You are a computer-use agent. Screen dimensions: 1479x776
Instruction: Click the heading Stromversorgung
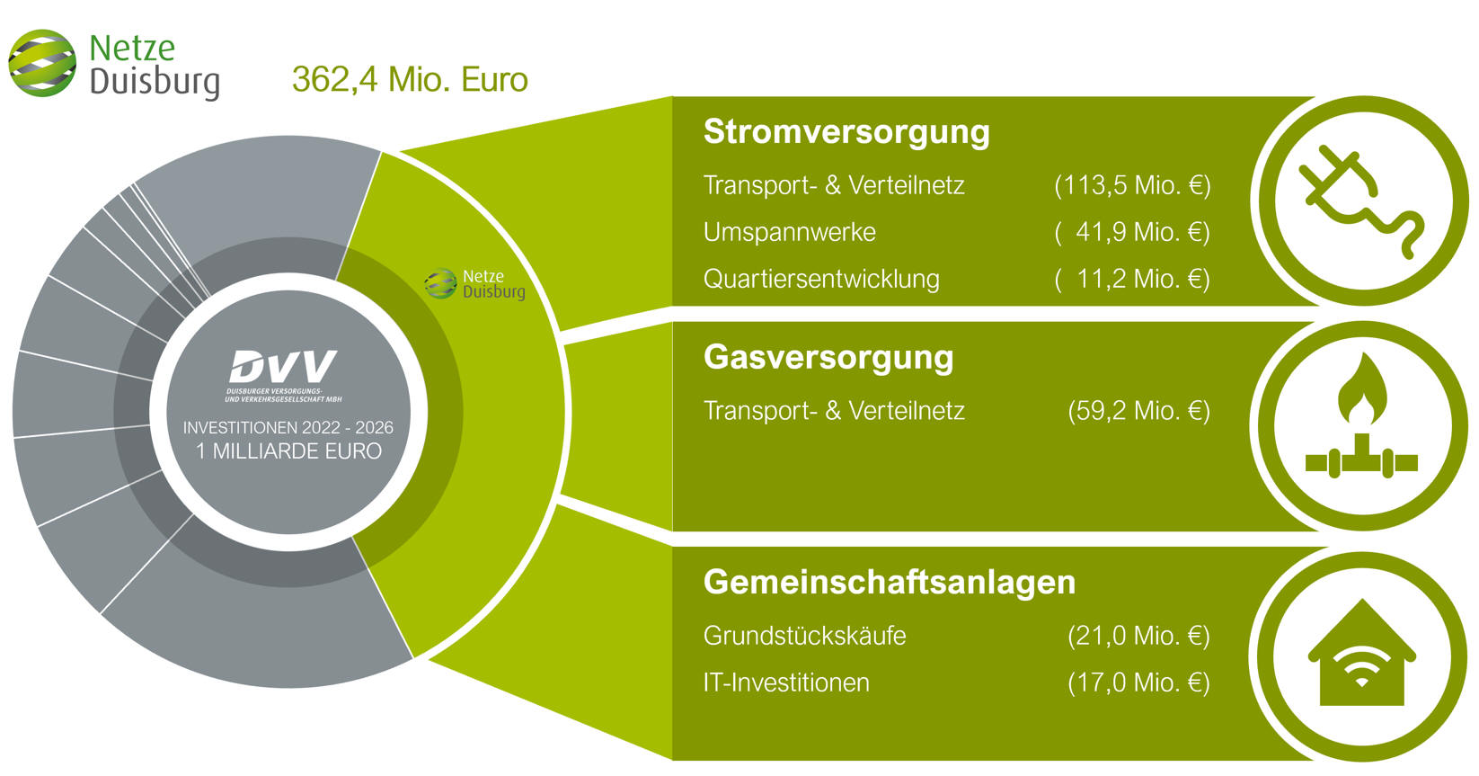pyautogui.click(x=846, y=131)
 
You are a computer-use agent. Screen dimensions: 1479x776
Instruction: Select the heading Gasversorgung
pyautogui.click(x=828, y=358)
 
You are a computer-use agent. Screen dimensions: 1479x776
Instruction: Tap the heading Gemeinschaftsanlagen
pyautogui.click(x=890, y=583)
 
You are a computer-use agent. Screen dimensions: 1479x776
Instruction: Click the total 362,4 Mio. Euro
pyautogui.click(x=410, y=80)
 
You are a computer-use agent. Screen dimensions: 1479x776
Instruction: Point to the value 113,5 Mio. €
pyautogui.click(x=1132, y=185)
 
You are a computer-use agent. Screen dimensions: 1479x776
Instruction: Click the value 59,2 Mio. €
pyautogui.click(x=1139, y=410)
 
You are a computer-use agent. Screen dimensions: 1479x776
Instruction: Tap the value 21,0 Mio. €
pyautogui.click(x=1139, y=636)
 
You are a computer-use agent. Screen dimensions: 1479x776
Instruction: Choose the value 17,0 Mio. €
pyautogui.click(x=1139, y=682)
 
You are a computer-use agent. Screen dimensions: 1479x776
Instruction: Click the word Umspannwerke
pyautogui.click(x=790, y=233)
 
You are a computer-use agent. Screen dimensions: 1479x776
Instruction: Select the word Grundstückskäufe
pyautogui.click(x=805, y=636)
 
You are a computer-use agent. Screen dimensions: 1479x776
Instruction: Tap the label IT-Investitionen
pyautogui.click(x=786, y=682)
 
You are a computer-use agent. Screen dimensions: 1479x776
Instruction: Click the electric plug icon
pyautogui.click(x=1361, y=201)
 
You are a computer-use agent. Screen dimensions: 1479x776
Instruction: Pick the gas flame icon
pyautogui.click(x=1361, y=416)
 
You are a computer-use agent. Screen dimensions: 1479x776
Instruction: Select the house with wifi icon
pyautogui.click(x=1361, y=653)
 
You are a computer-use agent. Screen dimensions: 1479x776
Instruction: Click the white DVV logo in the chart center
pyautogui.click(x=283, y=367)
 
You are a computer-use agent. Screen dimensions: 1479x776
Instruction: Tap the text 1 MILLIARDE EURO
pyautogui.click(x=288, y=451)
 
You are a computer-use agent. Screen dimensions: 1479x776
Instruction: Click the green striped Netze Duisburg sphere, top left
pyautogui.click(x=42, y=64)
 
